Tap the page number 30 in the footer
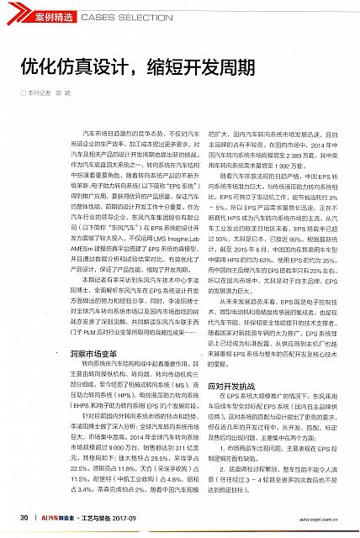coord(24,517)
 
